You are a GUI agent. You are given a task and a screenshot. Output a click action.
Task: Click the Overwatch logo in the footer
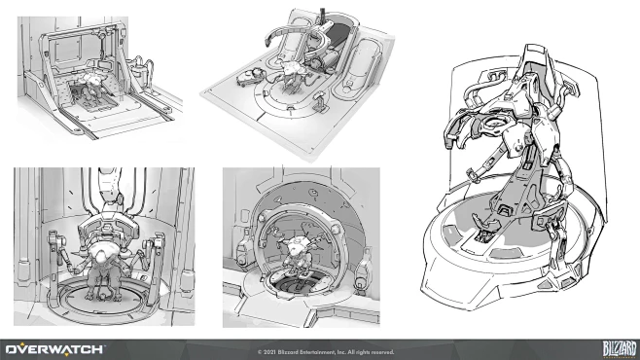coord(53,347)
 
